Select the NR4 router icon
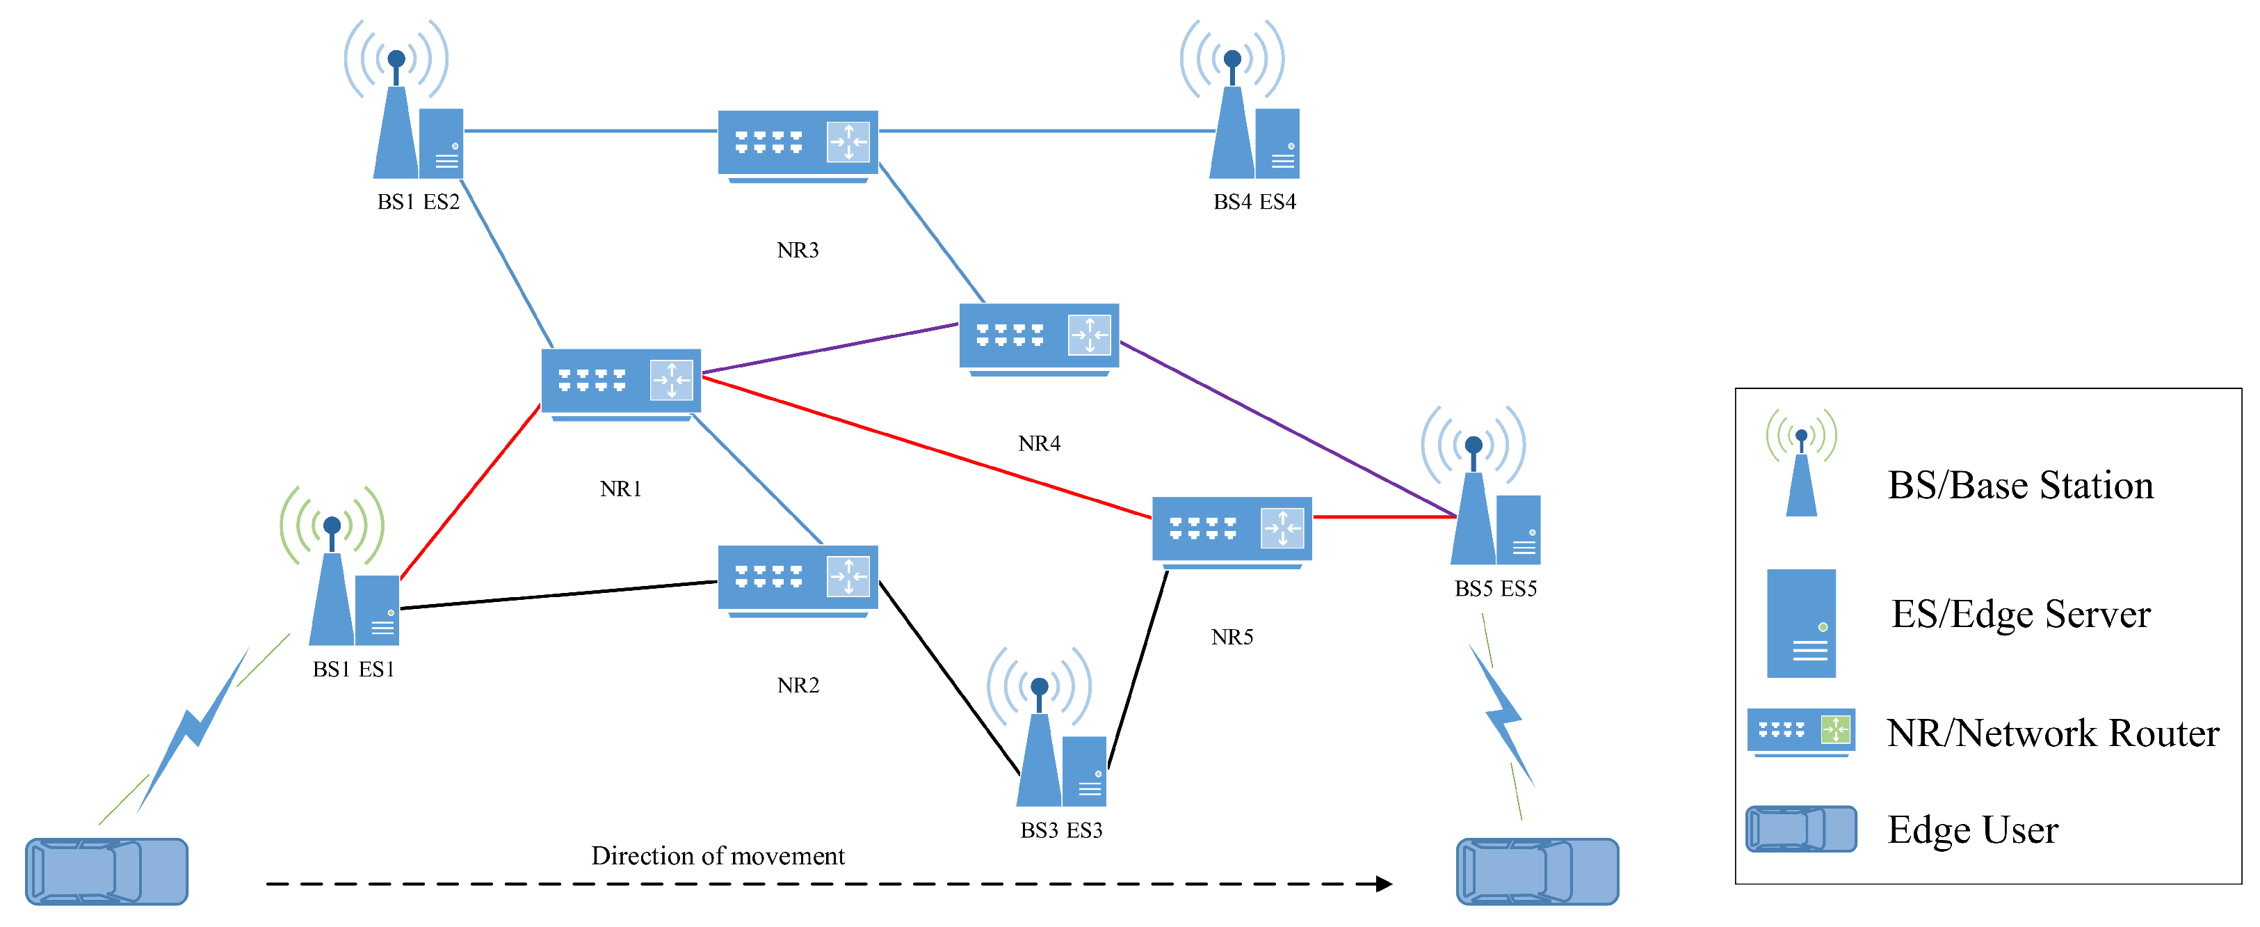click(1039, 340)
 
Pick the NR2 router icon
click(798, 581)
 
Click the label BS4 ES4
click(1254, 202)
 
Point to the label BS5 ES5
click(1496, 588)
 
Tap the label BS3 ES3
click(1062, 830)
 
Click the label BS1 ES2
click(419, 202)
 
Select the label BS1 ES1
click(353, 669)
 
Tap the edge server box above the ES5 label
click(1519, 530)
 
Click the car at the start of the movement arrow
click(107, 871)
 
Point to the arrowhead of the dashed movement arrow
click(1385, 883)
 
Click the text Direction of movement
click(718, 855)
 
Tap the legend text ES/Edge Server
click(2021, 614)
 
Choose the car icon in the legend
click(1801, 829)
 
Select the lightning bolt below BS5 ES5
click(1502, 715)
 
